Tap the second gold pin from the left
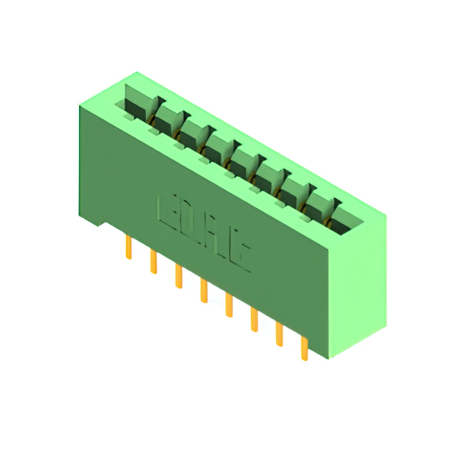click(153, 262)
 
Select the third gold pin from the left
click(178, 276)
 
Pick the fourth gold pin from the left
click(204, 291)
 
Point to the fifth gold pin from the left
click(229, 305)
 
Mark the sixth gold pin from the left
click(254, 320)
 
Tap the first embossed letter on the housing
click(165, 209)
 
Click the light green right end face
click(360, 283)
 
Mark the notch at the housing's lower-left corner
click(102, 220)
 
